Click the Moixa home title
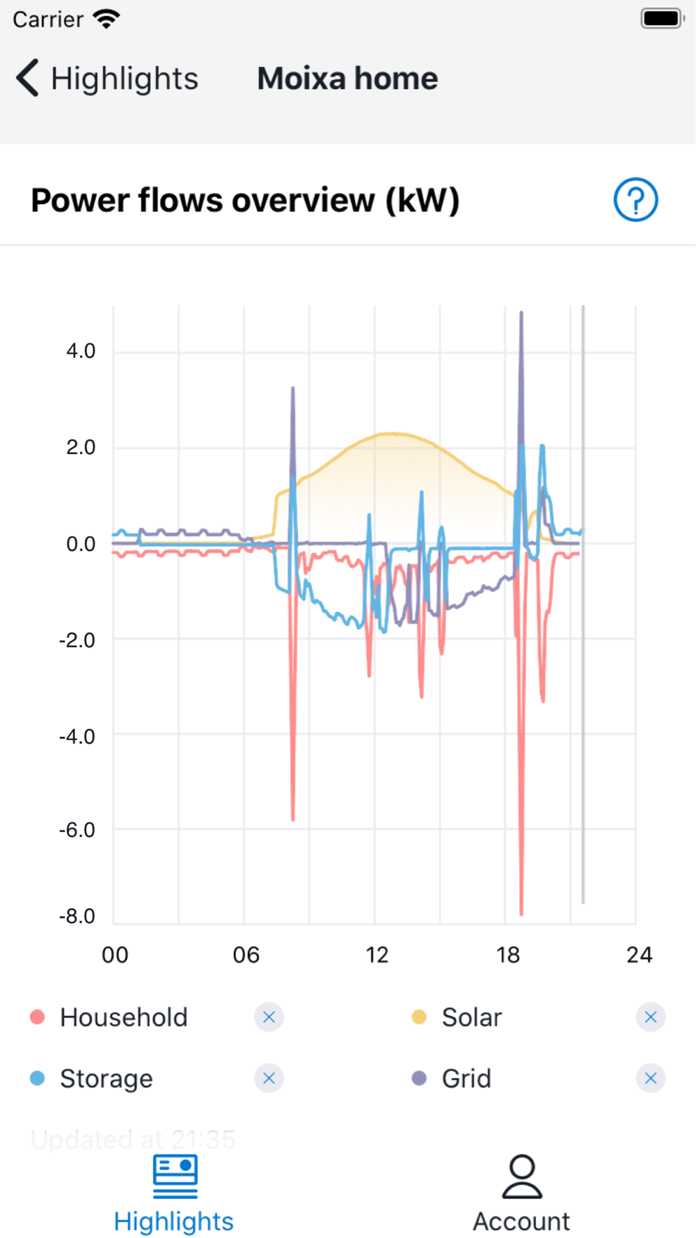click(347, 78)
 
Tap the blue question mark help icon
click(635, 200)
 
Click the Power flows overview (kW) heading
click(245, 201)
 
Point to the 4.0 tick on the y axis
click(81, 351)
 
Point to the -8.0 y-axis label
click(77, 916)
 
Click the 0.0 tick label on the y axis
click(81, 544)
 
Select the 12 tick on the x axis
click(377, 955)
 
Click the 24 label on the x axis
click(639, 955)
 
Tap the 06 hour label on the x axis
click(246, 955)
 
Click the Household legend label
click(124, 1017)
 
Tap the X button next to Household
click(269, 1017)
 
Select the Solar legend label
click(472, 1017)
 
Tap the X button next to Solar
click(651, 1017)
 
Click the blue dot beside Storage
click(38, 1079)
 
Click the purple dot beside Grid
click(419, 1079)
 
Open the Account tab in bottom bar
click(521, 1193)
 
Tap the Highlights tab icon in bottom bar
click(175, 1177)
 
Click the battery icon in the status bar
click(662, 19)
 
